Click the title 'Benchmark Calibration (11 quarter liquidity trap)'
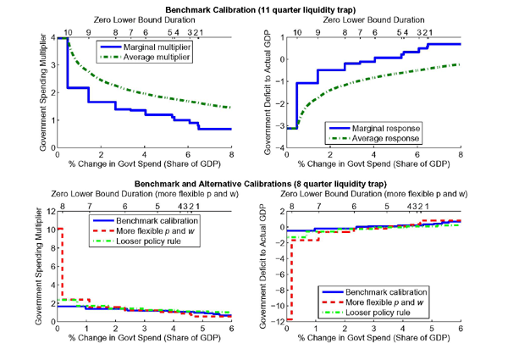254,8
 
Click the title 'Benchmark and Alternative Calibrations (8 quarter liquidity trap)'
254,183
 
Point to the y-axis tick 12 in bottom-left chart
50,212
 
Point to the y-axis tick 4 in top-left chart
52,38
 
